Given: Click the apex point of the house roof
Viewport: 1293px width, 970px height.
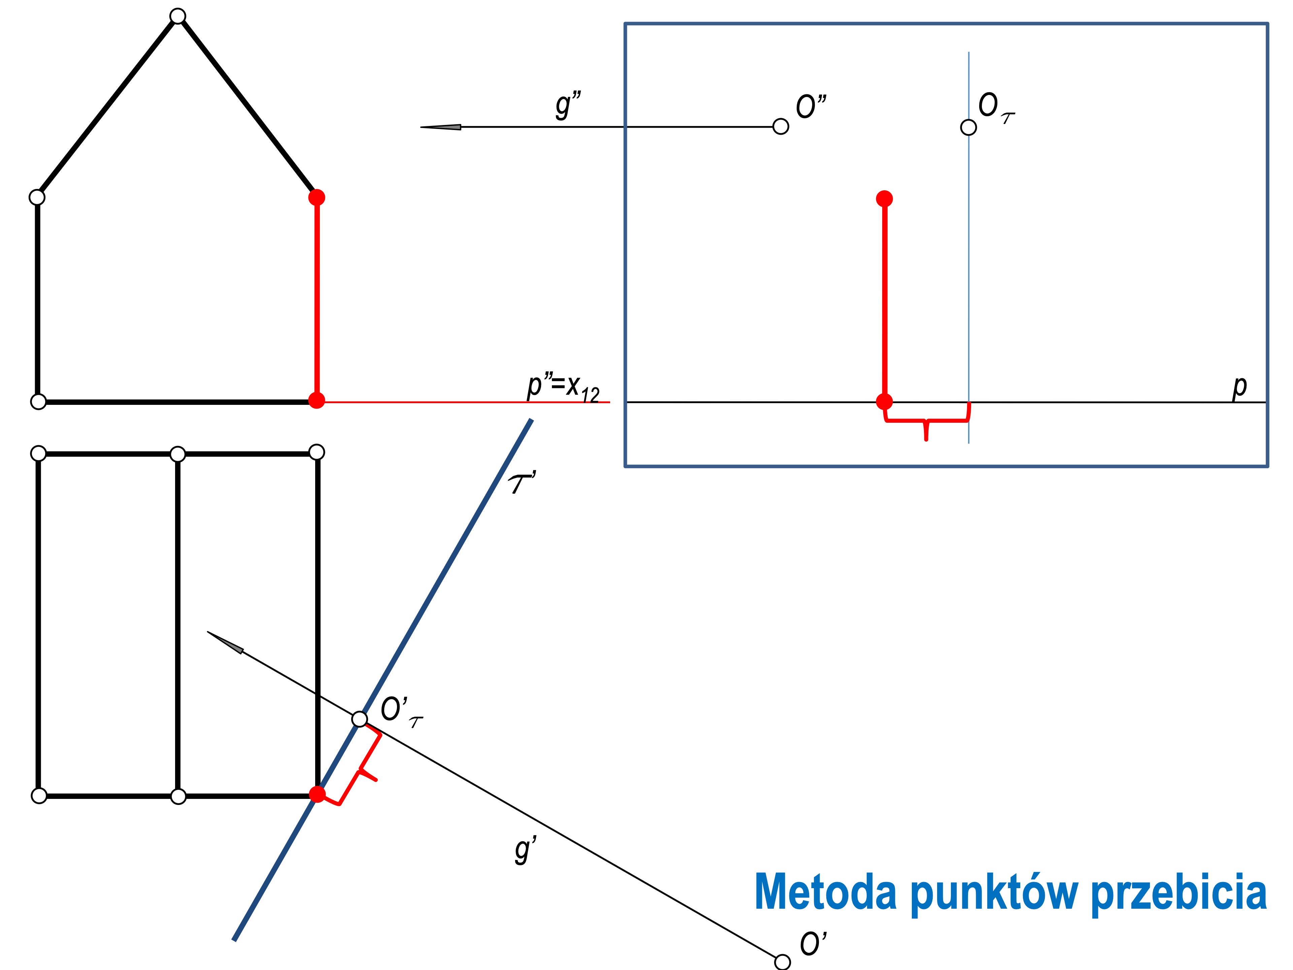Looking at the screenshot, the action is (178, 16).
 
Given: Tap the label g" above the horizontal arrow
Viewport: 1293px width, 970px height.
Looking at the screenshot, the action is (568, 105).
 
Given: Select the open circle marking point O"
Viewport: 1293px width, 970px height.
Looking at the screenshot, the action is (781, 126).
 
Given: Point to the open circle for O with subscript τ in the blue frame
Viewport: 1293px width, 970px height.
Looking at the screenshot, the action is (969, 127).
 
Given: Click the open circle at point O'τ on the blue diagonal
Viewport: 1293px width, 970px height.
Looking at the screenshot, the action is (360, 719).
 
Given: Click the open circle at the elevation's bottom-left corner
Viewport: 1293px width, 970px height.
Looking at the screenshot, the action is (38, 402).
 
